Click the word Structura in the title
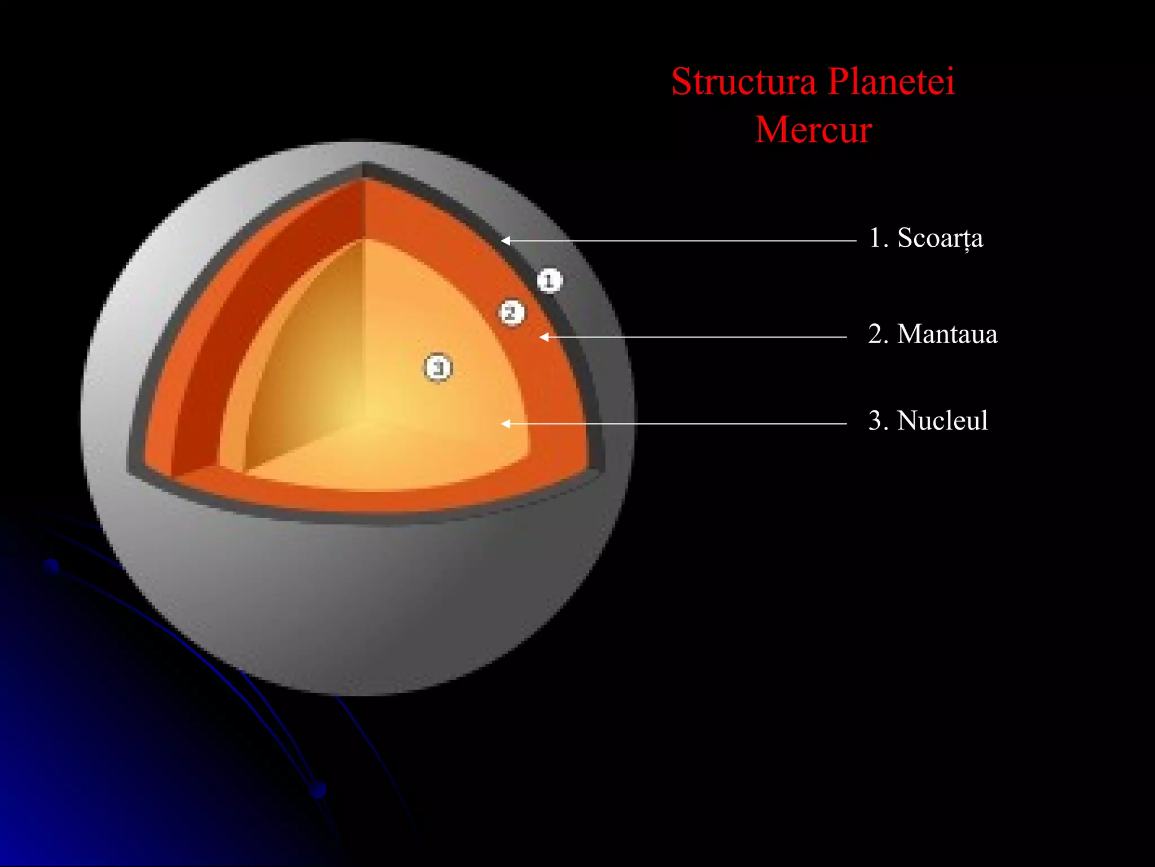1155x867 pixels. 744,82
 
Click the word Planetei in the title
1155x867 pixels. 892,82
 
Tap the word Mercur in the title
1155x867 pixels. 813,130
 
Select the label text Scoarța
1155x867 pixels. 940,238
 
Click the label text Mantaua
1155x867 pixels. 947,334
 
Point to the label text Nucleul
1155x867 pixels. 942,421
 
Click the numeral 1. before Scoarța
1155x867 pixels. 878,238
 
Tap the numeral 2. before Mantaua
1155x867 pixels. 878,334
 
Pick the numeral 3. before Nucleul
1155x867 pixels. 878,421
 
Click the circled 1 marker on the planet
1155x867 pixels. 549,281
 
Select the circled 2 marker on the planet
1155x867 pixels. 512,312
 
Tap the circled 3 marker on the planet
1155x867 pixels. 438,368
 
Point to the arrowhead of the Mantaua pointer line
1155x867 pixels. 544,337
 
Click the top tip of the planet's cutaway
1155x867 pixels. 364,166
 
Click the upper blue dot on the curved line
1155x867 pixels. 51,566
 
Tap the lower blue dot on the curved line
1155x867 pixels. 318,789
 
